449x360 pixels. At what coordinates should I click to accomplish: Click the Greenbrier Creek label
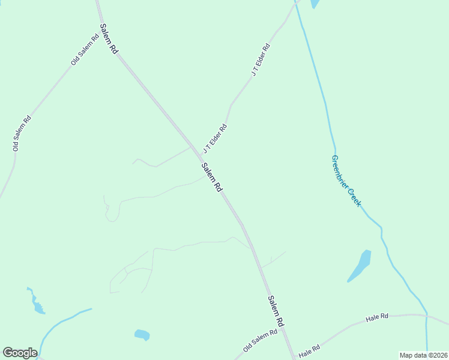(346, 181)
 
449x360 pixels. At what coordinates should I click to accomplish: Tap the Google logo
(20, 353)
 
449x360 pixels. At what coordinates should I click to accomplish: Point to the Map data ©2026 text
(424, 355)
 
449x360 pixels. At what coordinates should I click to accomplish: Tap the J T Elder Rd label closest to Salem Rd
(215, 137)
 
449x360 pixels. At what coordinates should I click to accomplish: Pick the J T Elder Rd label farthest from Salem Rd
(261, 59)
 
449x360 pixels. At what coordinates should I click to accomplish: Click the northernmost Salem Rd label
(109, 40)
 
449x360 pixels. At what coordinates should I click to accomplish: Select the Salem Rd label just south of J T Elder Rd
(212, 178)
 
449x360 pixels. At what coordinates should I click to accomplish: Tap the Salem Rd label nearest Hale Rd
(276, 311)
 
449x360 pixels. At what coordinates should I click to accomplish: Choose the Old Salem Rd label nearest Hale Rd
(261, 340)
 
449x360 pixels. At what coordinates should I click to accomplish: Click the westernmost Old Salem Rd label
(22, 133)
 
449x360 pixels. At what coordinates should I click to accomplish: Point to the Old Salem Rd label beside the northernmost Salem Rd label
(85, 50)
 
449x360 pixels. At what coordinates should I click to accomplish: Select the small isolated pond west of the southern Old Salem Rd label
(142, 334)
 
